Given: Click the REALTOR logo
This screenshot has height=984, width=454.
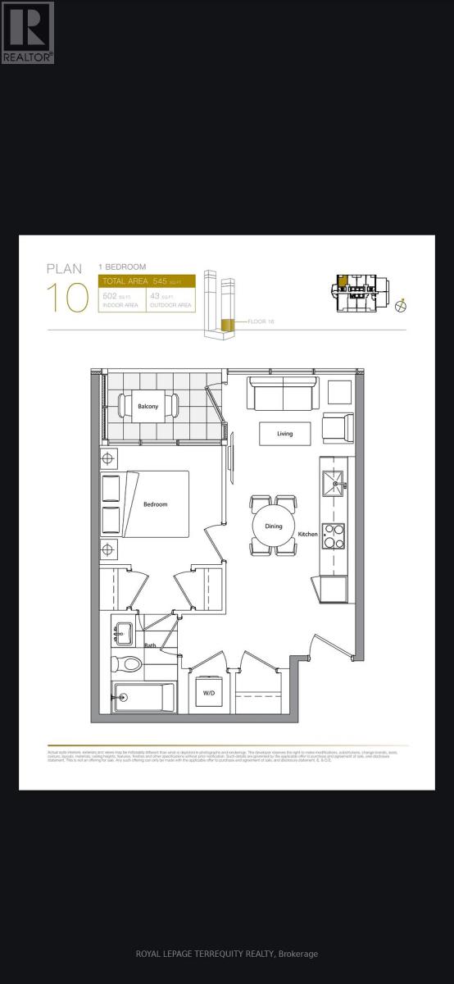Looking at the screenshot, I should tap(27, 32).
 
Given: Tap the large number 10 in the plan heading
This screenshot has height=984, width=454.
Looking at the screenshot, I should tap(67, 297).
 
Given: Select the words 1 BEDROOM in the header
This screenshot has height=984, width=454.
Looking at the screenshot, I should tap(122, 267).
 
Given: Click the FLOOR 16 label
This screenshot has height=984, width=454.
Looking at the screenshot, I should tap(260, 321).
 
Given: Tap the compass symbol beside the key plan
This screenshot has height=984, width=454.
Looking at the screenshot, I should tap(402, 306).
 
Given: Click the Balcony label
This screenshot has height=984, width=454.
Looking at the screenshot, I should tap(148, 407).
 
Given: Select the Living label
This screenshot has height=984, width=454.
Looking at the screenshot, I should tap(284, 434).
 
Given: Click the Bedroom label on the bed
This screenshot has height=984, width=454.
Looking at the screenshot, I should tap(155, 504).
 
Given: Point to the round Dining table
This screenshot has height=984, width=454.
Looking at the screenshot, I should tap(273, 526).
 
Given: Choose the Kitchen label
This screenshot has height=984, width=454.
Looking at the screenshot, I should tap(308, 534).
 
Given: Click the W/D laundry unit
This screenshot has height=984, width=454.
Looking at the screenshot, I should tap(208, 692).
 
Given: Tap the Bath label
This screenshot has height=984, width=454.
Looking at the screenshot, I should tap(150, 645).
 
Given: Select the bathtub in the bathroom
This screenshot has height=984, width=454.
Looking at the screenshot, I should tap(144, 697).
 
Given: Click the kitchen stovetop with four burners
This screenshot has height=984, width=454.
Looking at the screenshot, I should tap(333, 535).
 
